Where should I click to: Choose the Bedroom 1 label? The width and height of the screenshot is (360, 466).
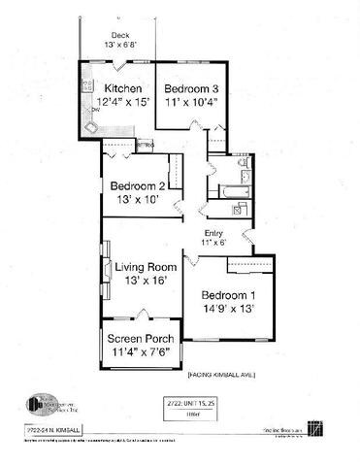pos(229,295)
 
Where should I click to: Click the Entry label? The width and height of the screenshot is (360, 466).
pos(213,232)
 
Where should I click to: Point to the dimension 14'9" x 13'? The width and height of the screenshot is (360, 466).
pos(229,309)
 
